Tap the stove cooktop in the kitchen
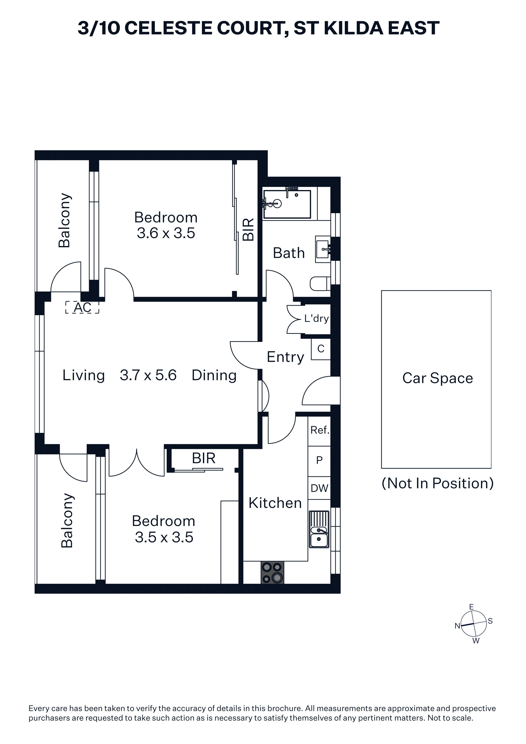point(272,573)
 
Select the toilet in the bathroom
point(320,284)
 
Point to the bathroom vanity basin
point(323,249)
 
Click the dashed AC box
point(82,307)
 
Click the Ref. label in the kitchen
point(320,430)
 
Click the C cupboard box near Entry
point(320,349)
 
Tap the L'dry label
point(316,319)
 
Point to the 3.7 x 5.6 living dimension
point(148,375)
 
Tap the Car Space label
point(438,378)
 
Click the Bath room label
point(289,253)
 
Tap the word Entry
point(285,357)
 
